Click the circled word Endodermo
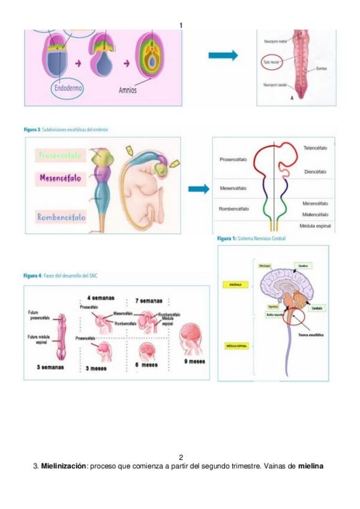[x=67, y=88]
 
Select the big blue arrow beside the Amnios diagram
[x=223, y=56]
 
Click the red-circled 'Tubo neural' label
[x=271, y=61]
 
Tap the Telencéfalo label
[x=314, y=148]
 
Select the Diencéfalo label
[x=315, y=172]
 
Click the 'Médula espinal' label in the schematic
[x=314, y=226]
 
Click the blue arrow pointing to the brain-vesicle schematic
[x=198, y=190]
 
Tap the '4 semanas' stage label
[x=100, y=298]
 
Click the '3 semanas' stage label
[x=50, y=367]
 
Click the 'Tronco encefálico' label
[x=305, y=334]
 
